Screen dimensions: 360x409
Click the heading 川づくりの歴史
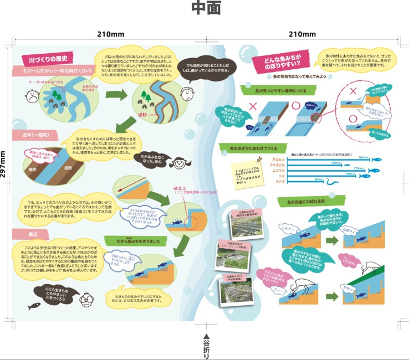tap(46, 59)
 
